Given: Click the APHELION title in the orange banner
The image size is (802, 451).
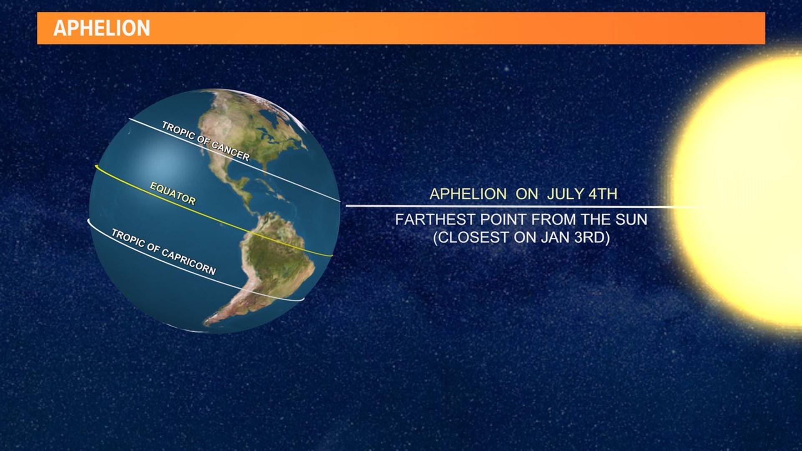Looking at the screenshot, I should click(102, 28).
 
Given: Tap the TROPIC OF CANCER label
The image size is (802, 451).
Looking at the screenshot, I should click(206, 141).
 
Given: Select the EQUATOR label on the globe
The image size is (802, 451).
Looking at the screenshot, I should click(173, 194).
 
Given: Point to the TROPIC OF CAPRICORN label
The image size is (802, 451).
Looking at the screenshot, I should click(163, 252).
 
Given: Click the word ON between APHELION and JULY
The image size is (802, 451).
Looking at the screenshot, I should click(527, 194).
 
